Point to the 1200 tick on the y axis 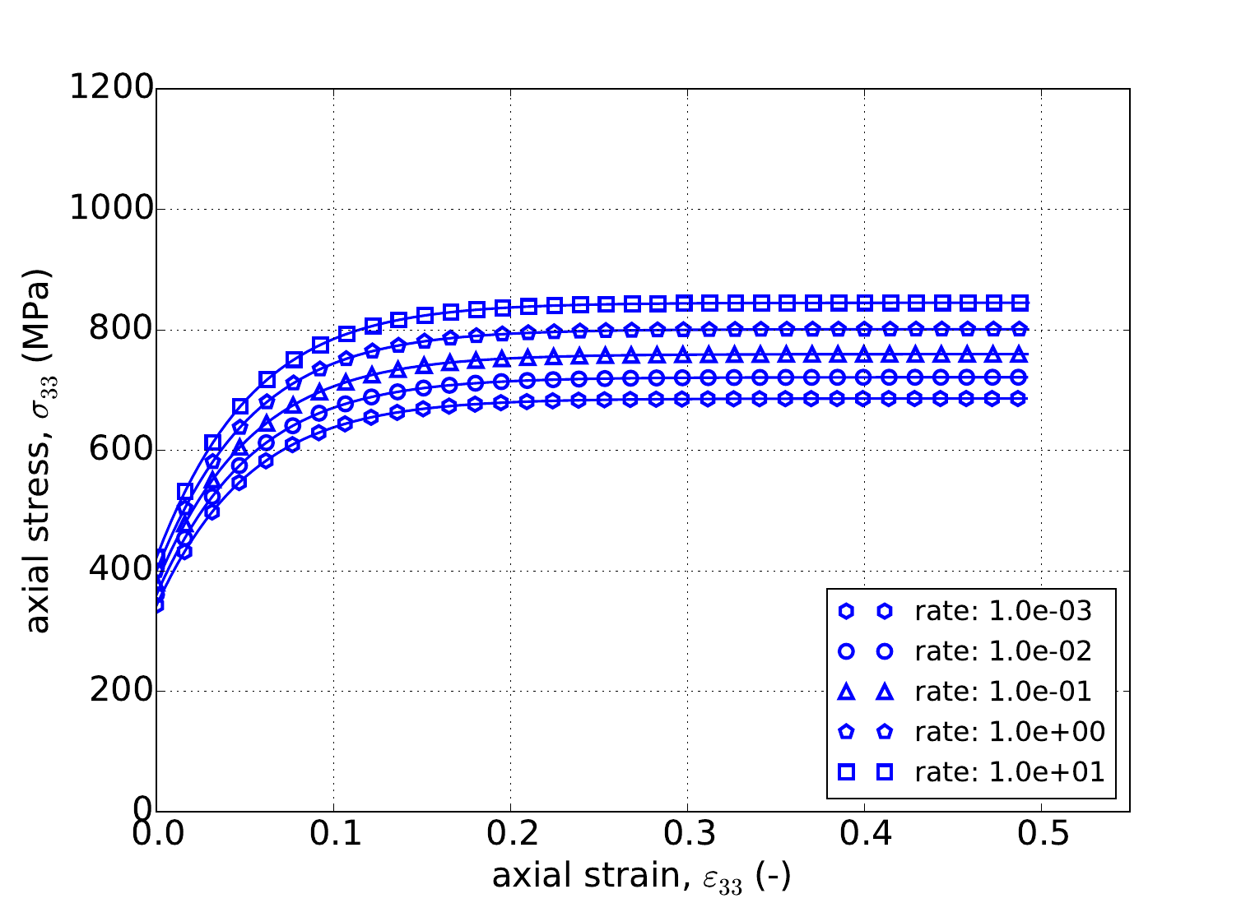pos(111,88)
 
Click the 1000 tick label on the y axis pos(111,209)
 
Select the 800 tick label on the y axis pos(120,330)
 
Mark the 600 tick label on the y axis pos(120,450)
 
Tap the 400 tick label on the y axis pos(120,571)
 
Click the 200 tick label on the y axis pos(120,691)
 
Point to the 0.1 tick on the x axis pos(333,835)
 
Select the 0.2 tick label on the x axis pos(510,835)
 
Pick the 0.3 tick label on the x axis pos(687,835)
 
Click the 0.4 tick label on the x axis pos(864,835)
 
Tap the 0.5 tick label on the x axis pos(1041,835)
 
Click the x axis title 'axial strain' pos(642,877)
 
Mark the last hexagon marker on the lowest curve pos(1019,399)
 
